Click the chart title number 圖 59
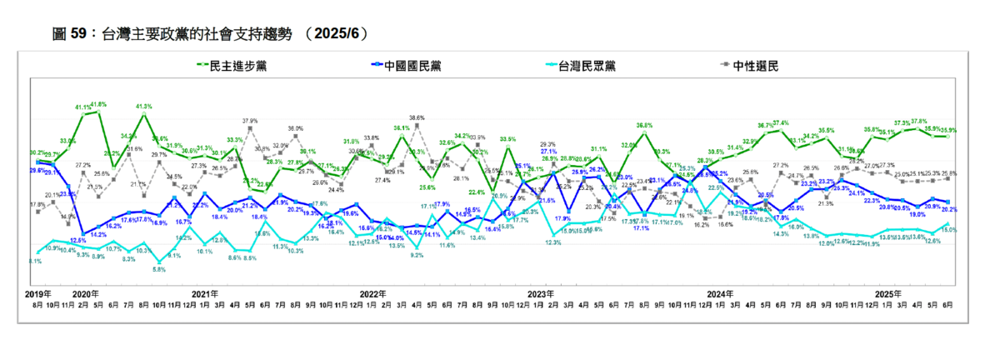[x=72, y=33]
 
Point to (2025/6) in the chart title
[x=336, y=33]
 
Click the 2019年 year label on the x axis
[x=38, y=294]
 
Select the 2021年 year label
[x=204, y=294]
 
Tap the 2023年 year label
[x=541, y=294]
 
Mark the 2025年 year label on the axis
[x=888, y=294]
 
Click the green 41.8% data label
[x=98, y=104]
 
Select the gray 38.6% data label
[x=417, y=117]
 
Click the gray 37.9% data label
[x=251, y=121]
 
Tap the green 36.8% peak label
[x=643, y=125]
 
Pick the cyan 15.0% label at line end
[x=948, y=229]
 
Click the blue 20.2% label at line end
[x=948, y=209]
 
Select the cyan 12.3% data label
[x=552, y=242]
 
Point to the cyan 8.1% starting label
[x=35, y=261]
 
